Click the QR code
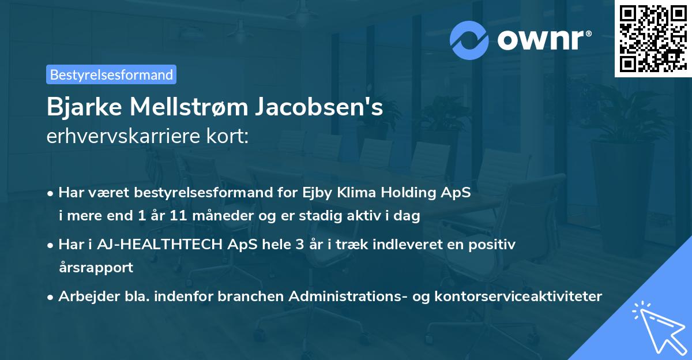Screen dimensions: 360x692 pos(653,39)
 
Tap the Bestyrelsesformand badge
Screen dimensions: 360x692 pos(111,74)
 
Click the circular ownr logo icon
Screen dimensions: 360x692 pos(468,40)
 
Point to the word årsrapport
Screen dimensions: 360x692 pos(96,267)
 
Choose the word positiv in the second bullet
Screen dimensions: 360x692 pos(495,245)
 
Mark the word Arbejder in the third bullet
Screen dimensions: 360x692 pos(84,297)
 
